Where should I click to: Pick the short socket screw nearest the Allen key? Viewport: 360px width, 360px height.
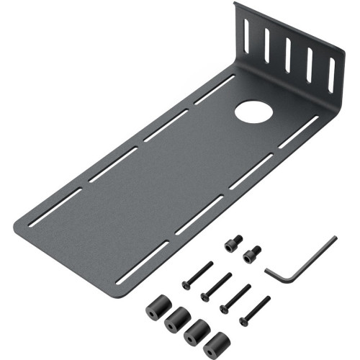click(x=253, y=253)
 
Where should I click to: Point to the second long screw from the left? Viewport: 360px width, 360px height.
click(x=216, y=286)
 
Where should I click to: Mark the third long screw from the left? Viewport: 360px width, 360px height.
click(x=236, y=297)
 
